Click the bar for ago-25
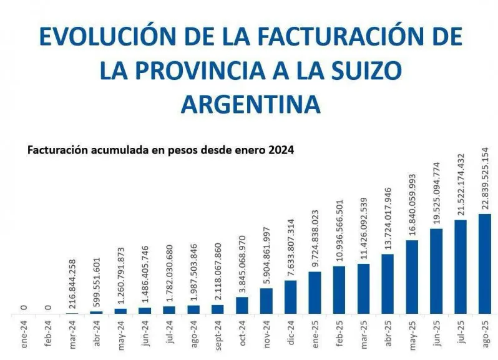(x=485, y=263)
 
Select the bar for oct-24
(x=242, y=305)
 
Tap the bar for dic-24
(x=291, y=296)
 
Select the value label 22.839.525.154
(x=486, y=178)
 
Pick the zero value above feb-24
(x=49, y=307)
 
